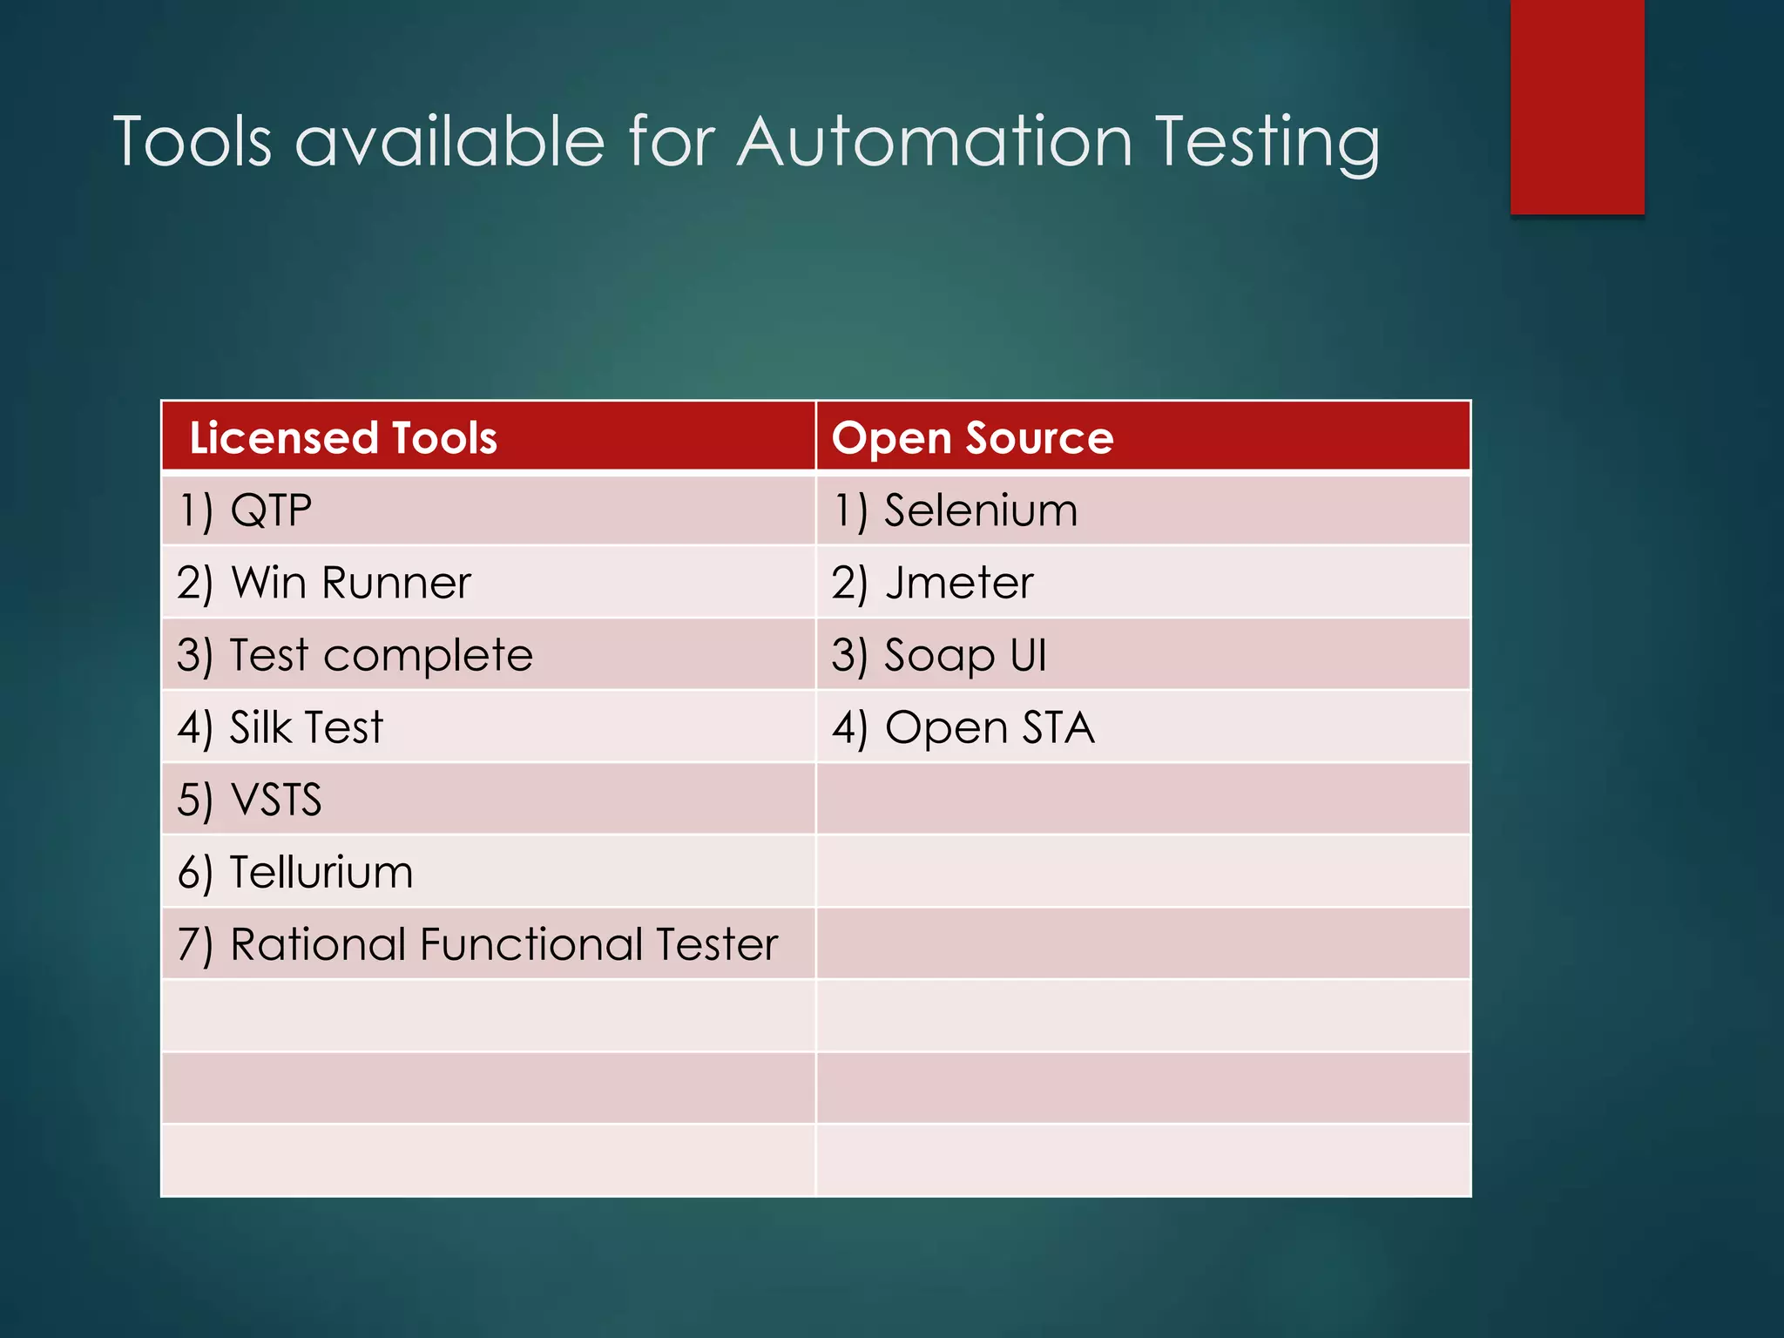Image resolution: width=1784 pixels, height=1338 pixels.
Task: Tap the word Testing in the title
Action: click(1267, 143)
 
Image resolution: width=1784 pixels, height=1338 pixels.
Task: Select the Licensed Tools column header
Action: click(343, 437)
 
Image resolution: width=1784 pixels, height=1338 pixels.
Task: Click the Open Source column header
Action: click(972, 437)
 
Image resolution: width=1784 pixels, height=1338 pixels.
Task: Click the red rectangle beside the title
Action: click(1577, 106)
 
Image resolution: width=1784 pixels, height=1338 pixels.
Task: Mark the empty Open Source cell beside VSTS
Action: click(1142, 800)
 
